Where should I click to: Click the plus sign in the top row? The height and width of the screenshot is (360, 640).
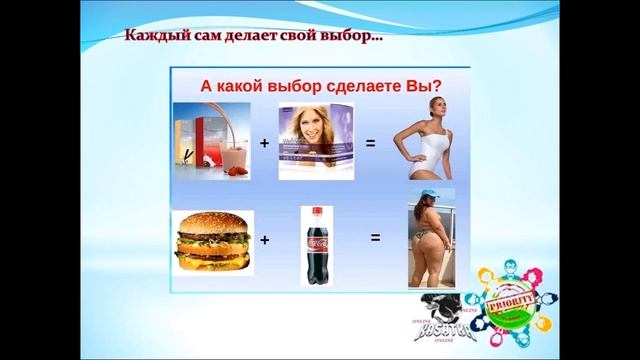(264, 144)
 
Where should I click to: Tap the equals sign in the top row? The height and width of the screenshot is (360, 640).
(370, 144)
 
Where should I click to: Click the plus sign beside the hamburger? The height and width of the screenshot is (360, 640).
(264, 240)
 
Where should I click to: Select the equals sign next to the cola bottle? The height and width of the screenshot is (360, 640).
(376, 238)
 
